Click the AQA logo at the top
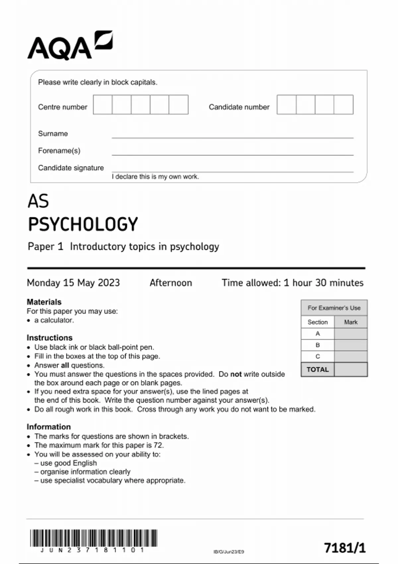click(70, 46)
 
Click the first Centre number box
click(102, 105)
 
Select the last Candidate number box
click(343, 105)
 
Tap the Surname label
click(53, 134)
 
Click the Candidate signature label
click(71, 168)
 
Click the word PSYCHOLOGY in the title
click(83, 224)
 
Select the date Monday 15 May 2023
click(73, 283)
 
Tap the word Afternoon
click(170, 283)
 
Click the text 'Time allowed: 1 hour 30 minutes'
click(293, 283)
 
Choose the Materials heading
click(44, 302)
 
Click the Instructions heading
click(49, 338)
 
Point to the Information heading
click(49, 427)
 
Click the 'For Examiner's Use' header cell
click(334, 308)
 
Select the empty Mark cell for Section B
click(351, 345)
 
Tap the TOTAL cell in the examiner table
click(317, 370)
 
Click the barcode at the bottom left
click(94, 538)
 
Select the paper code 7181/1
click(345, 548)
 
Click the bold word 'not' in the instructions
click(236, 374)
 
